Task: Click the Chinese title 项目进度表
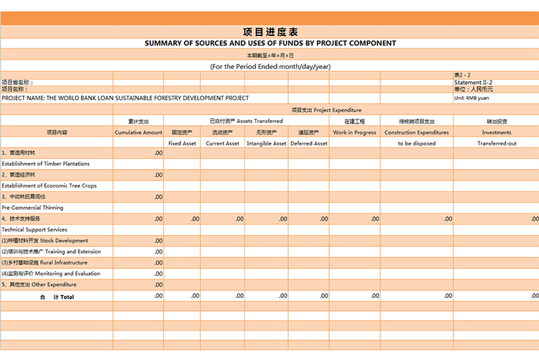269,32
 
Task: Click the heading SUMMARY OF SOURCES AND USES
269,43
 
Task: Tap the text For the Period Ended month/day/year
269,66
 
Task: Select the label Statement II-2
473,83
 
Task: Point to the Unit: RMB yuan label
471,98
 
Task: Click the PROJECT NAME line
125,98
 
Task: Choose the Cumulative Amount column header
138,132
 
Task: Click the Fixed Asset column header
183,144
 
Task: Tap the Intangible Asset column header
267,144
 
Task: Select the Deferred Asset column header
309,144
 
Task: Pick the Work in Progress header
354,132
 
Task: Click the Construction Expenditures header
417,132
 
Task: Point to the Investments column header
497,132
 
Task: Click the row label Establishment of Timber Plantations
45,164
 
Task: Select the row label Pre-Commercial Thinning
32,208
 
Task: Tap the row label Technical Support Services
34,230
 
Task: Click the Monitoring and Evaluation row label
50,274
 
